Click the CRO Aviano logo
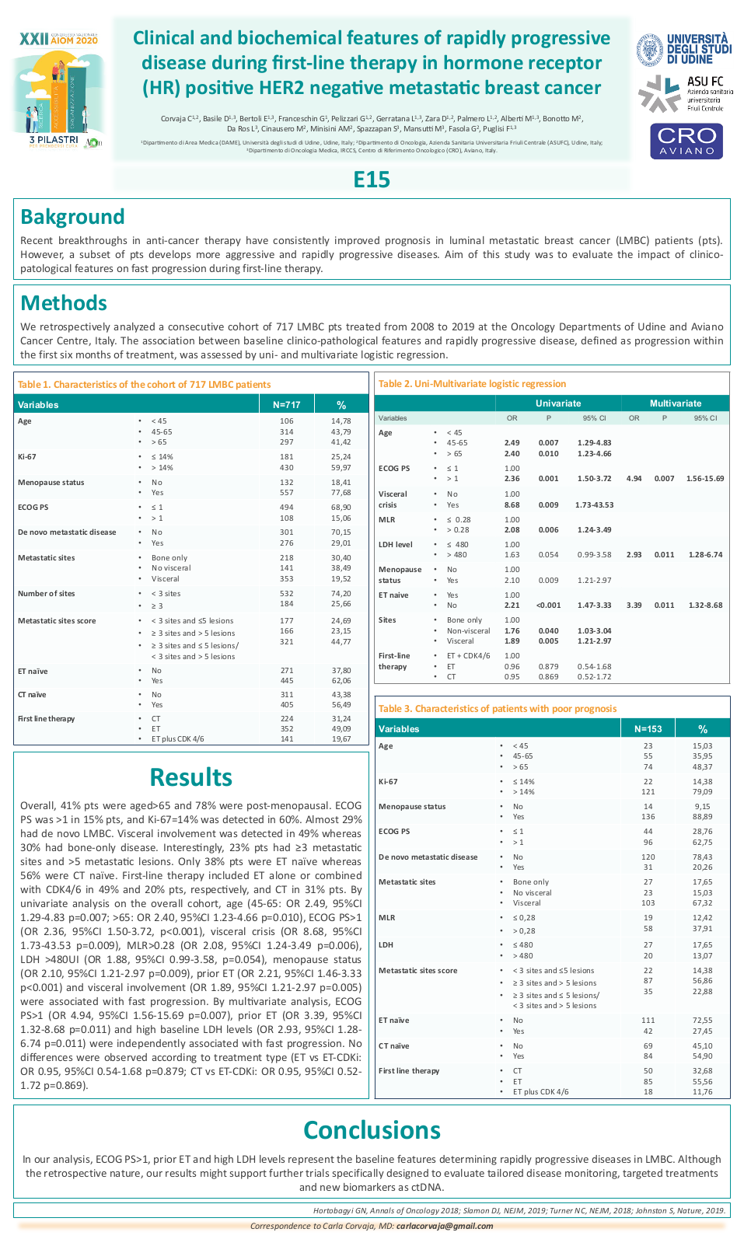[686, 141]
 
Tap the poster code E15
[372, 180]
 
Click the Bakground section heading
[72, 217]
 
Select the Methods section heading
[64, 303]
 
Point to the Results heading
[190, 777]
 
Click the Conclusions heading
[372, 1130]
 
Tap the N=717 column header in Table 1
[286, 405]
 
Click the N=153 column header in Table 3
[648, 729]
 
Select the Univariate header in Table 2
[557, 403]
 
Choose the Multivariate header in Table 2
[676, 403]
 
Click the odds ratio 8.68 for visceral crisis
[512, 505]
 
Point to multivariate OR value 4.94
[634, 479]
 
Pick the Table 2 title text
[472, 384]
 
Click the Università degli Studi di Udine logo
[684, 49]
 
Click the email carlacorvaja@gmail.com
[444, 1226]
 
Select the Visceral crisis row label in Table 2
[393, 499]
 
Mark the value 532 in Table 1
[286, 594]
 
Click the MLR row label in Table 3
[387, 918]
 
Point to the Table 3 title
[498, 709]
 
